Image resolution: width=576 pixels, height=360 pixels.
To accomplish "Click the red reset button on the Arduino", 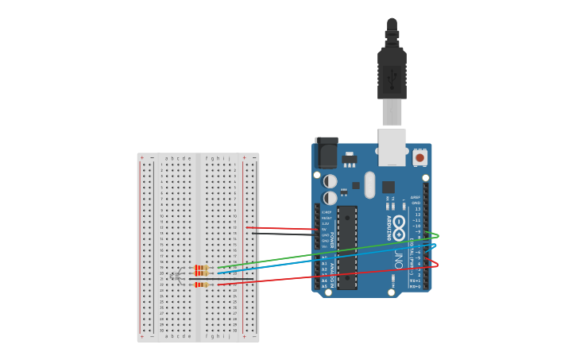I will [419, 158].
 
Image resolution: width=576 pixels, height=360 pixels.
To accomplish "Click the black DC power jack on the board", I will [327, 153].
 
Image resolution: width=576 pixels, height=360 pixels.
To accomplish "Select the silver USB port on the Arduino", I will [392, 147].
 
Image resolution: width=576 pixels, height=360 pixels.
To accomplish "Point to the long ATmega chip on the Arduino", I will [347, 247].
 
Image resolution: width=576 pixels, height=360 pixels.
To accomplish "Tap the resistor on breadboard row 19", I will [202, 268].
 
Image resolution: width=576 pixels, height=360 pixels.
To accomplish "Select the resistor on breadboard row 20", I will [202, 273].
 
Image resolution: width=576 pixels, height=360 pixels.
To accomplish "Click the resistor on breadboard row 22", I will [202, 285].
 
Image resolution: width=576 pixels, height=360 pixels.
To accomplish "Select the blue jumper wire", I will [318, 258].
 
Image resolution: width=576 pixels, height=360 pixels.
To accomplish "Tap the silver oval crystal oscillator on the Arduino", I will [369, 184].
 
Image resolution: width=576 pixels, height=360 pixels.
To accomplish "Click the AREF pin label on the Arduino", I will [416, 196].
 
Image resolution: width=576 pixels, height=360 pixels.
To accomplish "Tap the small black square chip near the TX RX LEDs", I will [388, 188].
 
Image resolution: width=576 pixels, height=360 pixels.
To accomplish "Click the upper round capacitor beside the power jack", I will [331, 181].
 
